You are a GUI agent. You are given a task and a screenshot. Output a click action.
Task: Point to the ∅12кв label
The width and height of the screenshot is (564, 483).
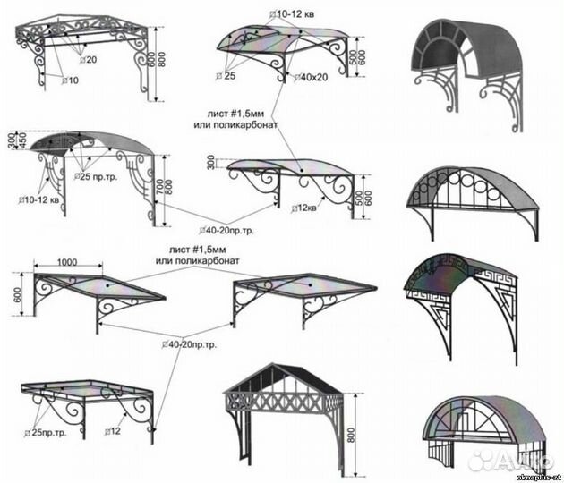[x=306, y=208]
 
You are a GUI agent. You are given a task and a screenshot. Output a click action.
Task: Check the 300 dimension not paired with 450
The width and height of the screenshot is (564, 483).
[x=210, y=162]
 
